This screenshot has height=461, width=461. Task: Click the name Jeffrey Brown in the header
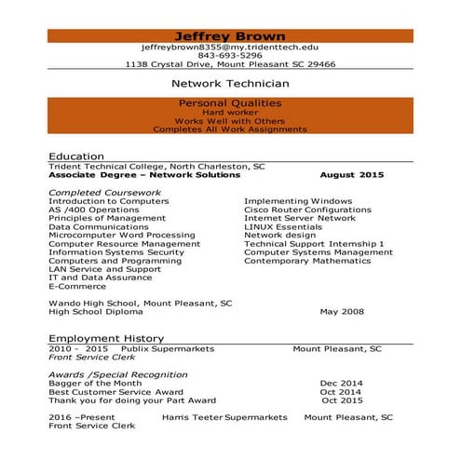tap(229, 35)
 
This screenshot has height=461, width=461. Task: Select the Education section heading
tap(77, 156)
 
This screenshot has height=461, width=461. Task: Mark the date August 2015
tap(351, 175)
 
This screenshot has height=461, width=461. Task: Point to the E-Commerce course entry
tap(75, 286)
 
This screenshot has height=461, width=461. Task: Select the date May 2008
tap(340, 312)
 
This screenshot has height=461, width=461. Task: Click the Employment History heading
tap(106, 338)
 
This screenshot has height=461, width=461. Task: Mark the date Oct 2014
tap(341, 392)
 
